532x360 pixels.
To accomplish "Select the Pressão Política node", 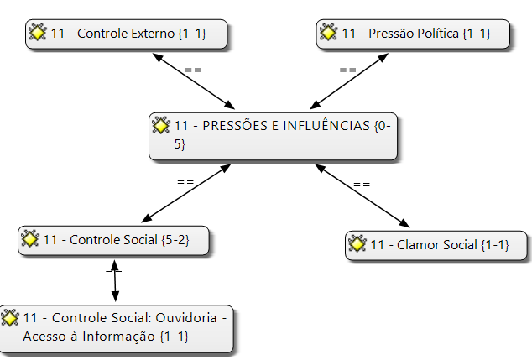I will coord(415,34).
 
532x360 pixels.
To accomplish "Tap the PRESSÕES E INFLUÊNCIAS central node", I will coord(274,134).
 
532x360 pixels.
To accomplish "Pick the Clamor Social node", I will coord(438,245).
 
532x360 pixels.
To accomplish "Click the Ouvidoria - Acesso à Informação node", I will coord(117,327).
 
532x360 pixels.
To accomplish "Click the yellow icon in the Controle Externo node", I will coord(37,33).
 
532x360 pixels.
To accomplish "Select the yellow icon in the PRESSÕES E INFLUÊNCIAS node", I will coord(161,125).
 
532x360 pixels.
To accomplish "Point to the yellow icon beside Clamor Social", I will coord(357,244).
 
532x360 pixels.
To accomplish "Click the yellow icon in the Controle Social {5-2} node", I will coord(29,239).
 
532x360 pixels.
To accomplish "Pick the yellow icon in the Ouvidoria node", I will coord(10,318).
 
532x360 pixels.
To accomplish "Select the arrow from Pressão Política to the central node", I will coord(351,82).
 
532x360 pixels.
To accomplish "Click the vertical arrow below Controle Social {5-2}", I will coord(115,279).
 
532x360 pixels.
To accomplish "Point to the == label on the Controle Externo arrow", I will coord(193,70).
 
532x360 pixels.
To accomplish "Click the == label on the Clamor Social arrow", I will coord(362,184).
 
